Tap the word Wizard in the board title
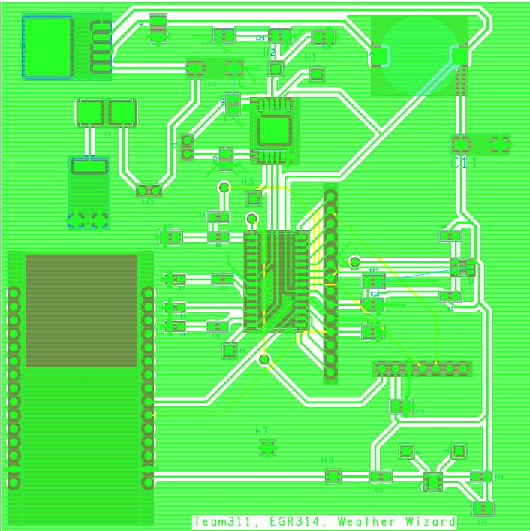coord(431,522)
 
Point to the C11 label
coord(463,162)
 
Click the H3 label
coord(248,183)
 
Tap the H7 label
coord(262,431)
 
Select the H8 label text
coord(327,460)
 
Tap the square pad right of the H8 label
coord(333,475)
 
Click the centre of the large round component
coord(419,56)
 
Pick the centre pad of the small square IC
coord(273,131)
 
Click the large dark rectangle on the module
coord(81,309)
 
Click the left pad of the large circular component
coord(380,56)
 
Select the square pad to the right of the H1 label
coord(316,74)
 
